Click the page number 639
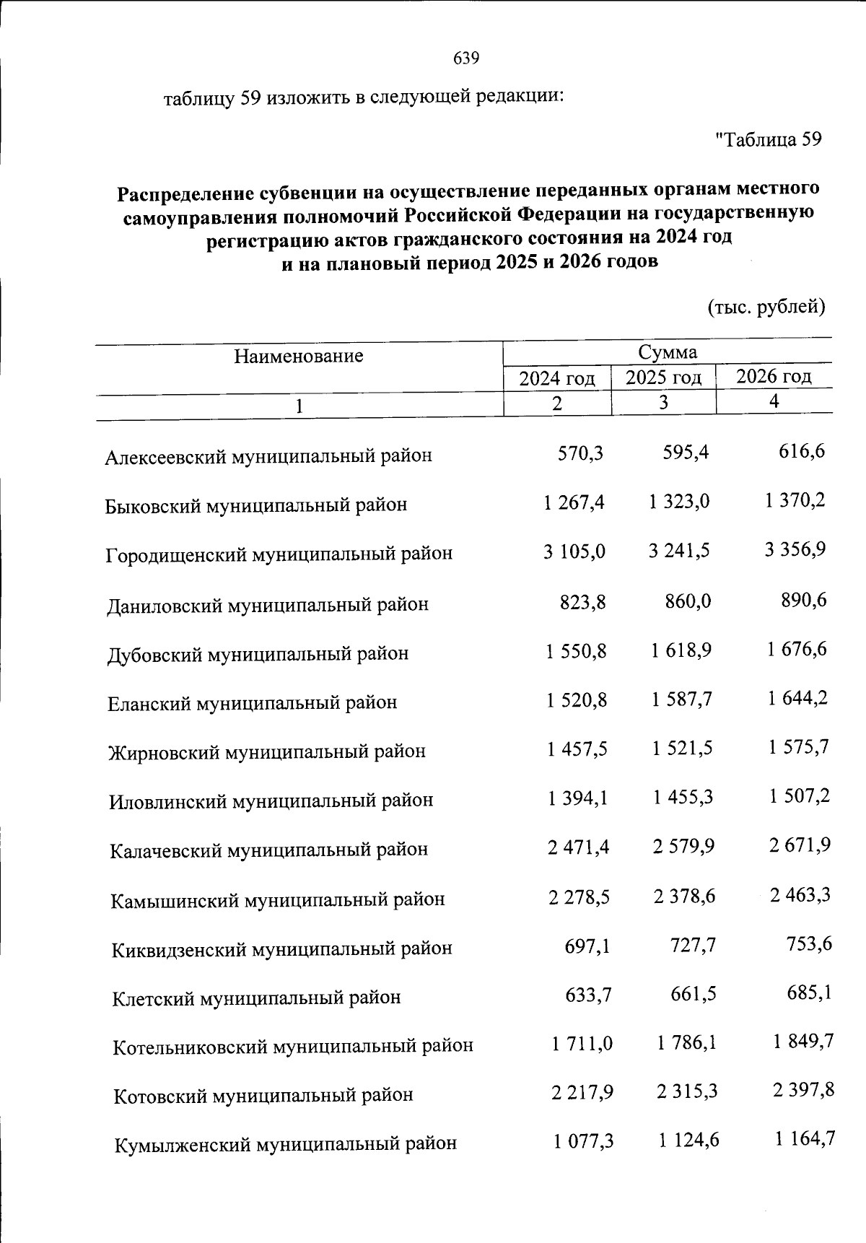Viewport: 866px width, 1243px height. [x=466, y=58]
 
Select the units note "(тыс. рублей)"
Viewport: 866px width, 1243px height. [x=765, y=307]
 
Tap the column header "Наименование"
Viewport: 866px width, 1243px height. [x=298, y=356]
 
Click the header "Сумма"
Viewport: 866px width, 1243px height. [x=667, y=352]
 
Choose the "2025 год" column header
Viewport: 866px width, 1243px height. [x=663, y=378]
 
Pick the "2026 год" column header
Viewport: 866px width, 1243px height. [x=774, y=376]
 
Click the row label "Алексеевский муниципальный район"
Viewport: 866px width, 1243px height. [x=268, y=456]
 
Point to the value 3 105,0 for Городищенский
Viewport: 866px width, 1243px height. [x=574, y=551]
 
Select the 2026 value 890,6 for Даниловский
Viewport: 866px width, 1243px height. [x=804, y=600]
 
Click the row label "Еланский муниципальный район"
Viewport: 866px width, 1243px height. [x=252, y=702]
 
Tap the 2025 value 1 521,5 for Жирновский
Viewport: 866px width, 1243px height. [x=682, y=748]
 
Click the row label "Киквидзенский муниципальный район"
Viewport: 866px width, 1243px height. [x=281, y=948]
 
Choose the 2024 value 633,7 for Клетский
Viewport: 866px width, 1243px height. [x=588, y=995]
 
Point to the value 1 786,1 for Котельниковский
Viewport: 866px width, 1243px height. [x=686, y=1042]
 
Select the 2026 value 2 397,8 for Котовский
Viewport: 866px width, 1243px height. [x=803, y=1090]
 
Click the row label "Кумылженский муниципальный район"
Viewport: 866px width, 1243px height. [x=285, y=1144]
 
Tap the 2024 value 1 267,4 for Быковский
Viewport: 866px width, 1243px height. [x=574, y=502]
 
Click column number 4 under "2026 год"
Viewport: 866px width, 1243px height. [x=774, y=401]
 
